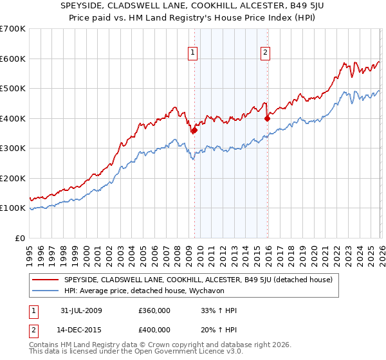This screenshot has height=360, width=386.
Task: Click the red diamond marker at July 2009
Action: [x=194, y=130]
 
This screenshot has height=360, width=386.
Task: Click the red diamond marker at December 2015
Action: [x=267, y=118]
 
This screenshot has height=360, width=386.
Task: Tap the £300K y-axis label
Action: [x=13, y=148]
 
